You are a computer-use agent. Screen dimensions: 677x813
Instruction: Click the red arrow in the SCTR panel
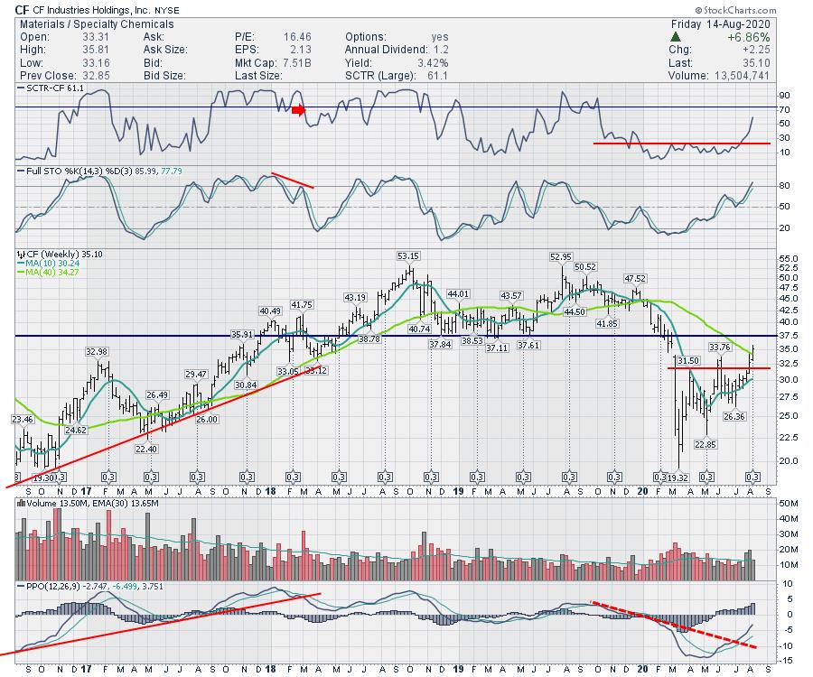[299, 110]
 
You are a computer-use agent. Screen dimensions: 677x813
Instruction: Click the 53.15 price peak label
[407, 255]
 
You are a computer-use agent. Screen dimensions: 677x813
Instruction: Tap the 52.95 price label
[562, 256]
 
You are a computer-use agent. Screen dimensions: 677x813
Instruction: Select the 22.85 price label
[705, 445]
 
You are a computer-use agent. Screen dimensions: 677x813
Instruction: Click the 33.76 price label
[719, 347]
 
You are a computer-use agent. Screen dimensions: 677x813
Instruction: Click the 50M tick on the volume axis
[786, 502]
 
